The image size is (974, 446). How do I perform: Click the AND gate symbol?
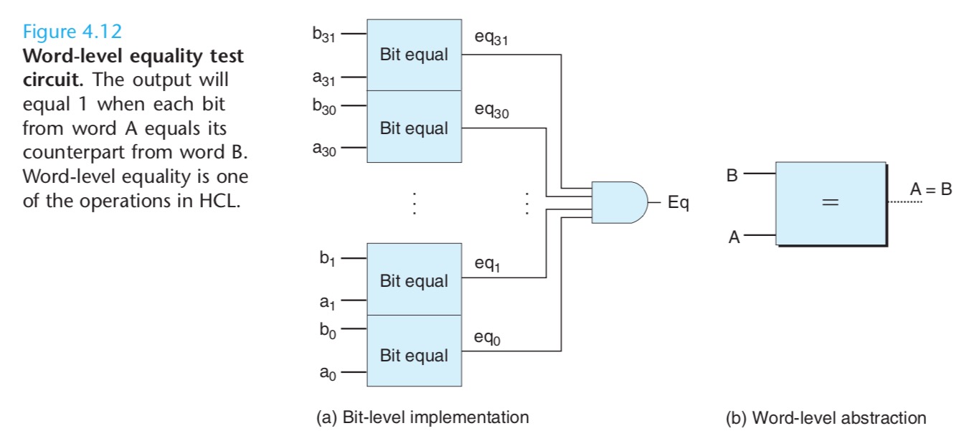[620, 203]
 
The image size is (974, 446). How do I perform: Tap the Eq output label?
[679, 203]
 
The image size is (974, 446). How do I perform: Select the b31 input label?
[324, 34]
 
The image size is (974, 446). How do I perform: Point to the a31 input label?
[324, 78]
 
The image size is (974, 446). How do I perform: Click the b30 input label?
[324, 106]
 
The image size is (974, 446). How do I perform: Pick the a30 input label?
[324, 149]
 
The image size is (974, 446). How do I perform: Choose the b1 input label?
[328, 259]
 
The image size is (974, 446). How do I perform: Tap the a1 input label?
[328, 302]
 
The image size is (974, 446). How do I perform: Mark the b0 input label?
[328, 331]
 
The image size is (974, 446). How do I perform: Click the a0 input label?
[328, 373]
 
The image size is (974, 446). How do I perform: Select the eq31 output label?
[491, 38]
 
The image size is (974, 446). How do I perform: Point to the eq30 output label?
[492, 110]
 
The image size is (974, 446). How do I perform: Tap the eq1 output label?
[488, 264]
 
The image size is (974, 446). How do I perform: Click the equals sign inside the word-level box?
[830, 202]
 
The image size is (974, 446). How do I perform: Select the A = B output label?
[931, 189]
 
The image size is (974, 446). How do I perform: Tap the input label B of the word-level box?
[732, 175]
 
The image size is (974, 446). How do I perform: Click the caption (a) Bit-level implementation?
[422, 417]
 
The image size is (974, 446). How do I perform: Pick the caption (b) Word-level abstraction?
[826, 418]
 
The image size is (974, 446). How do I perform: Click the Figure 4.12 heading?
[72, 32]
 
